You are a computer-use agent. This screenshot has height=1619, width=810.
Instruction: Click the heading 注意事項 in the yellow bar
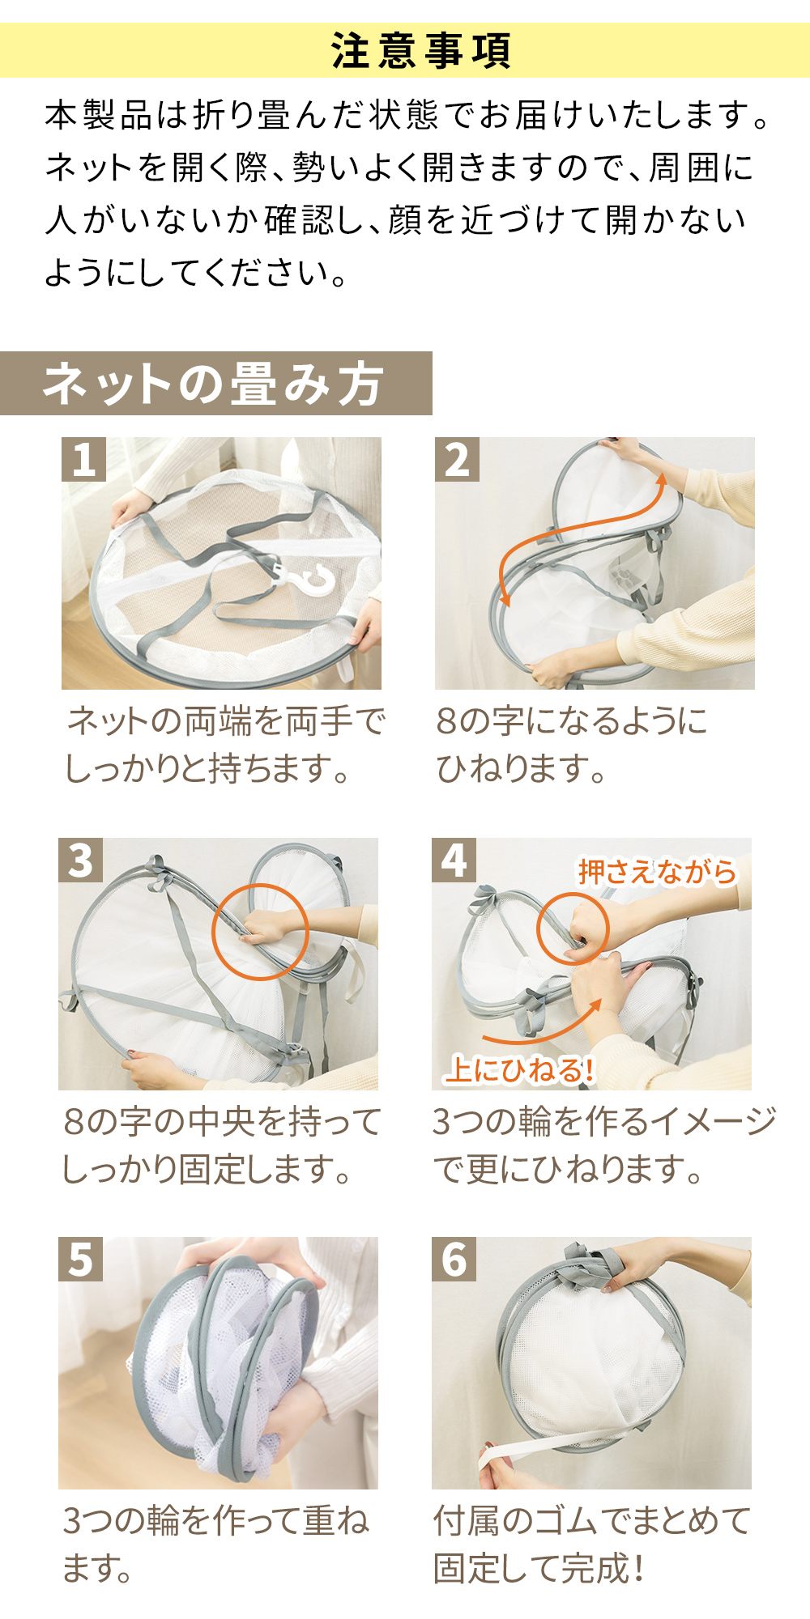click(421, 51)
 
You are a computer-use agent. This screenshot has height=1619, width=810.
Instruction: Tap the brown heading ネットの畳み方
click(213, 384)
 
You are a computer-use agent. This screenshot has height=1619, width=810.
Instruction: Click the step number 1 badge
click(83, 459)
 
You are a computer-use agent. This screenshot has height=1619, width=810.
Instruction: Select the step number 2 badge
click(457, 459)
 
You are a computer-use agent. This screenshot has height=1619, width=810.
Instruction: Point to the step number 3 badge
click(80, 860)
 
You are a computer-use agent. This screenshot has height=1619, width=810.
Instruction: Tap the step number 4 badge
click(454, 860)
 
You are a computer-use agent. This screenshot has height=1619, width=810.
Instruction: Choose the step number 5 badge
click(80, 1259)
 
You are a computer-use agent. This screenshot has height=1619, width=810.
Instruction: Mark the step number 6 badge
click(454, 1259)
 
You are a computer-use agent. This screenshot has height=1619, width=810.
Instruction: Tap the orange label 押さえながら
click(657, 872)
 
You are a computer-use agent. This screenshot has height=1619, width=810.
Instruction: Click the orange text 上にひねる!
click(519, 1070)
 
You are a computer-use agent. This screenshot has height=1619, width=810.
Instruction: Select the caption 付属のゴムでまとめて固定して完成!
click(592, 1545)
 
